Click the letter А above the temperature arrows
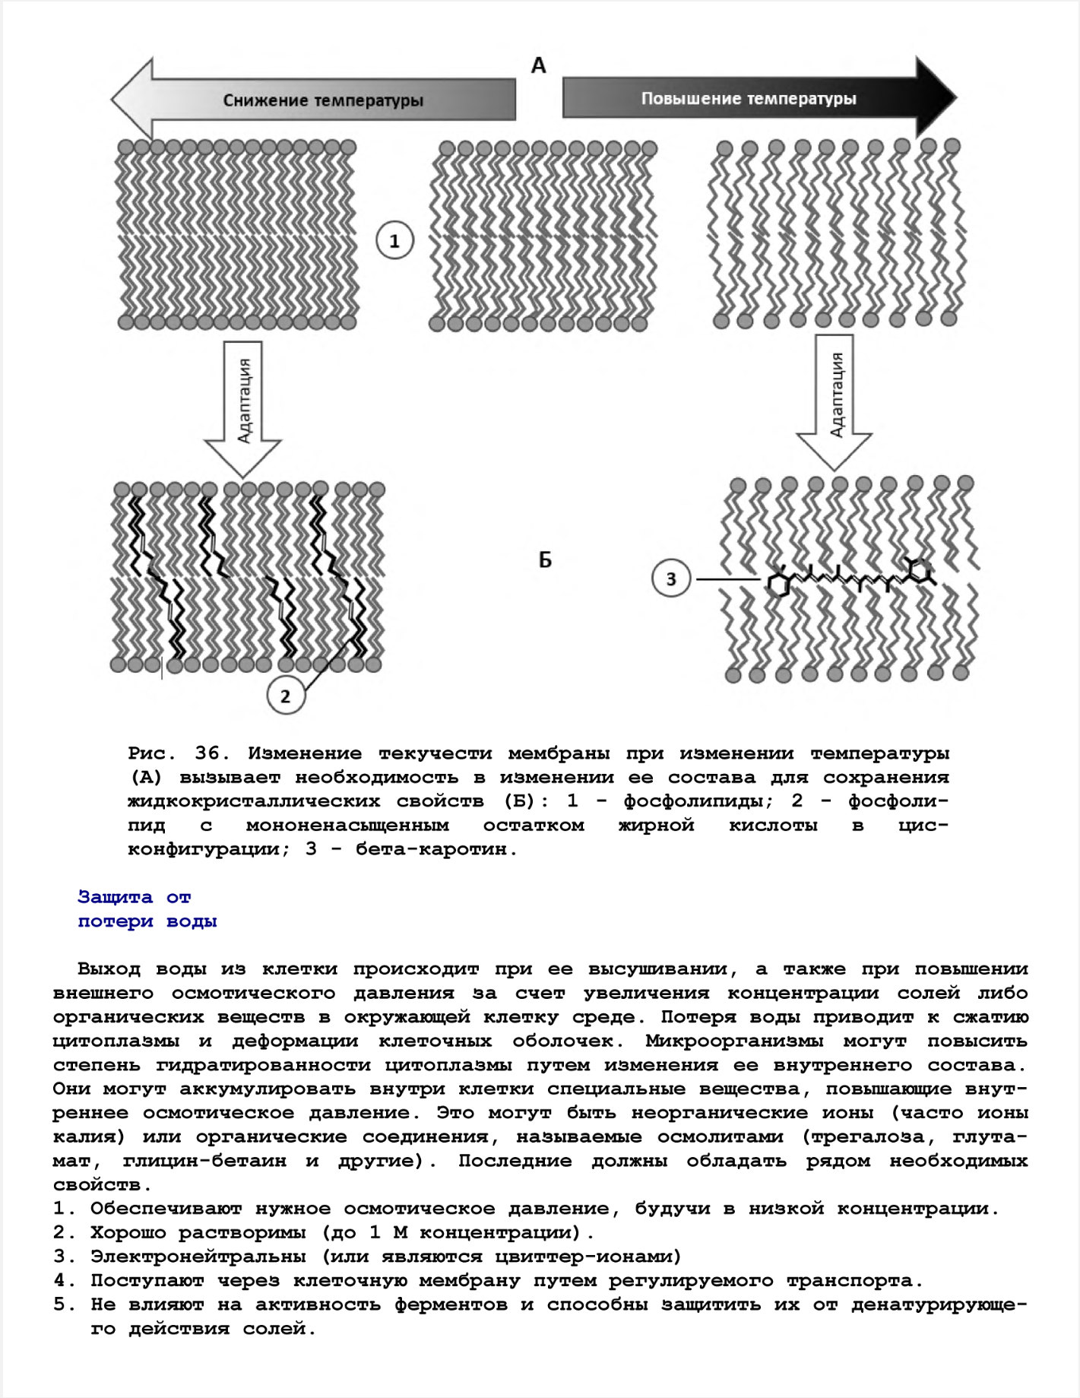(x=538, y=66)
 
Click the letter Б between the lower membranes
(x=545, y=560)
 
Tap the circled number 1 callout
(x=394, y=241)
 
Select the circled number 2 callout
(x=286, y=696)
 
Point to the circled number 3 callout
(x=670, y=579)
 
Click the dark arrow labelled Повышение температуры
(x=752, y=98)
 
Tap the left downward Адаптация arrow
(x=243, y=403)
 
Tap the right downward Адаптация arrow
(x=835, y=399)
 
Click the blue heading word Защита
(x=115, y=897)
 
